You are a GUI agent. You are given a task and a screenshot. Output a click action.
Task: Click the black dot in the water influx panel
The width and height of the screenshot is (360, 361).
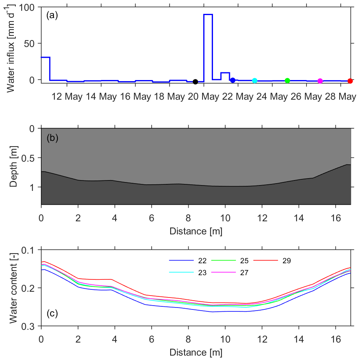click(195, 82)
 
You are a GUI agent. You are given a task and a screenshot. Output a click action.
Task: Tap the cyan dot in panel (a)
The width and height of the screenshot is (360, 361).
click(255, 80)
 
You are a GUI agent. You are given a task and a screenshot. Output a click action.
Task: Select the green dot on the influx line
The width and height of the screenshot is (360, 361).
click(287, 80)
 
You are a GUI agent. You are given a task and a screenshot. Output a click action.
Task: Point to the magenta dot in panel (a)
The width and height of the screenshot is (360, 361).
click(320, 81)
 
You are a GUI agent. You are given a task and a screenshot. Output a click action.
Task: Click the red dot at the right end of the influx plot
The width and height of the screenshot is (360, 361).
click(350, 81)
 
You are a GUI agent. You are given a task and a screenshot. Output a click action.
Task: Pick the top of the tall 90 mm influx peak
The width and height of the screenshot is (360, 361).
click(208, 14)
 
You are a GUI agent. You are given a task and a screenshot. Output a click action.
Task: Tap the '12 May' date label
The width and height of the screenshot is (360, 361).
click(67, 97)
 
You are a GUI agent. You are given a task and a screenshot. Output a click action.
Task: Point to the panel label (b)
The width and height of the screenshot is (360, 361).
click(52, 138)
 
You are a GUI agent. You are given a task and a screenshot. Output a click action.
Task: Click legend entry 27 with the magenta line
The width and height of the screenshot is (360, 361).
click(244, 272)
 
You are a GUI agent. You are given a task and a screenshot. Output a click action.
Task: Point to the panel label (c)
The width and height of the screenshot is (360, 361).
click(52, 313)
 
